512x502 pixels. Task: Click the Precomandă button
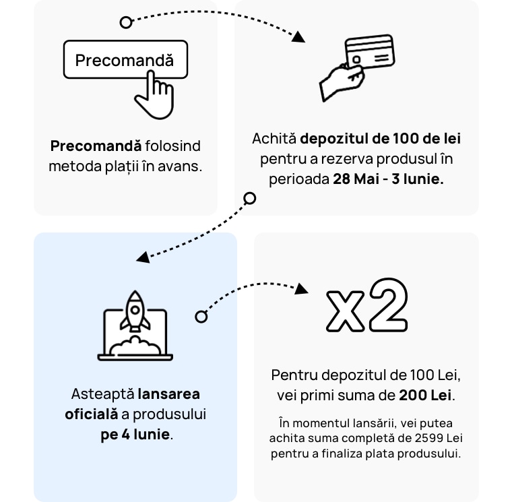125,60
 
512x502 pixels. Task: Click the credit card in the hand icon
369,52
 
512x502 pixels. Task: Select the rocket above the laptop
135,311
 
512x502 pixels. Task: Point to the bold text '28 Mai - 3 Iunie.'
388,180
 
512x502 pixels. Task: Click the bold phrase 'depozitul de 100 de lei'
380,139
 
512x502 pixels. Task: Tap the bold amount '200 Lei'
426,396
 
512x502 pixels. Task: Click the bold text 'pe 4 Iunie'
135,435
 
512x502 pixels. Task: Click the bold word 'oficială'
92,414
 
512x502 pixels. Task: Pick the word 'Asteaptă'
102,394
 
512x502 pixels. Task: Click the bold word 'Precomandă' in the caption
96,146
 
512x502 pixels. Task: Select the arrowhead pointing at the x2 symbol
301,288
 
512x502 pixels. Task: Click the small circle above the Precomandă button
126,23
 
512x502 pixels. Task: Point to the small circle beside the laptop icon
201,317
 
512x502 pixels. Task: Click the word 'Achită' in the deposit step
274,139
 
